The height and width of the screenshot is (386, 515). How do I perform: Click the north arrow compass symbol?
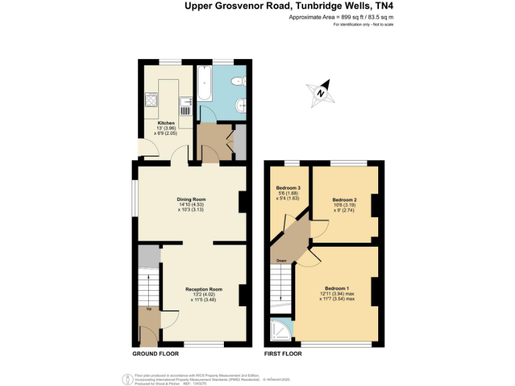321,94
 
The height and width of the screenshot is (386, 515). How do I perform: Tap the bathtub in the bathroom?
204,88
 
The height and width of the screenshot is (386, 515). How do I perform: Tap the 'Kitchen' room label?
166,123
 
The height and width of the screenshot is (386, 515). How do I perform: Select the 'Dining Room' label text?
191,199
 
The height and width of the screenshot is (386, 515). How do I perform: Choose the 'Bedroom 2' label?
345,200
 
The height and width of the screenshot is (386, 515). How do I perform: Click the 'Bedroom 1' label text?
337,287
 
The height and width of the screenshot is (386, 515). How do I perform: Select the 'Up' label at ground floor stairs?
148,309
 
